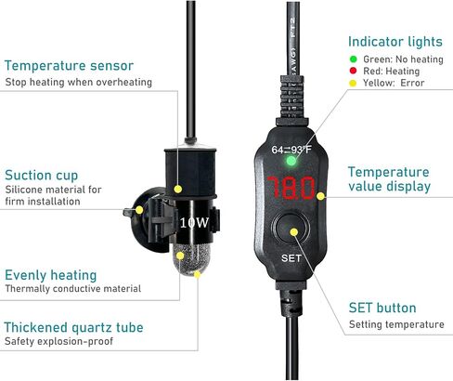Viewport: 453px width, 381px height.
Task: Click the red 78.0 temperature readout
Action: pyautogui.click(x=291, y=188)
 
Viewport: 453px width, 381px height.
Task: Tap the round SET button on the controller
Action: pyautogui.click(x=291, y=230)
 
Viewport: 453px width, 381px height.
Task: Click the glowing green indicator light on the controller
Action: pyautogui.click(x=291, y=161)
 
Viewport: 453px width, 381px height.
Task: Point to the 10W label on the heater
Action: pyautogui.click(x=194, y=222)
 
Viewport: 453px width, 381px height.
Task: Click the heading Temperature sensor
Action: pyautogui.click(x=69, y=66)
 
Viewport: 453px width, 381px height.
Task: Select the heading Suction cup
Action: pyautogui.click(x=42, y=176)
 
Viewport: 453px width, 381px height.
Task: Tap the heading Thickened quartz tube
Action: pyautogui.click(x=73, y=327)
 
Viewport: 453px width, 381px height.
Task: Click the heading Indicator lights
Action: pyautogui.click(x=395, y=42)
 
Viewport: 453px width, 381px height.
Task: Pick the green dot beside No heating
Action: pyautogui.click(x=353, y=59)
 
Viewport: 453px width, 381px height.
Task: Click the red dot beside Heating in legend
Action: pyautogui.click(x=353, y=71)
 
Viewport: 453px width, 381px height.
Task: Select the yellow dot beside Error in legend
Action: pyautogui.click(x=353, y=83)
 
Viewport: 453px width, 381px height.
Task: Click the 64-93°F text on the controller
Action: pyautogui.click(x=291, y=150)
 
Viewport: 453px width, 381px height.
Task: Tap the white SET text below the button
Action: pyautogui.click(x=291, y=258)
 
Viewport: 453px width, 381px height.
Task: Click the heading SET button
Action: pyautogui.click(x=382, y=308)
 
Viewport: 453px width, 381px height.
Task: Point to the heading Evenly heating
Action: pyautogui.click(x=51, y=275)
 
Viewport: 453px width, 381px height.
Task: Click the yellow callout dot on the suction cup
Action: pyautogui.click(x=139, y=210)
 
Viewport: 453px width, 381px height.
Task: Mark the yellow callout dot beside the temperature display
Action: pyautogui.click(x=320, y=196)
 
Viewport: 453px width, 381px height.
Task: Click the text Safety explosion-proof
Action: pyautogui.click(x=58, y=341)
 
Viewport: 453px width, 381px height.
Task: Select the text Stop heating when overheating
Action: pyautogui.click(x=79, y=82)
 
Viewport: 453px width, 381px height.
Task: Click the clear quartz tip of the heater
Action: pyautogui.click(x=188, y=258)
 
